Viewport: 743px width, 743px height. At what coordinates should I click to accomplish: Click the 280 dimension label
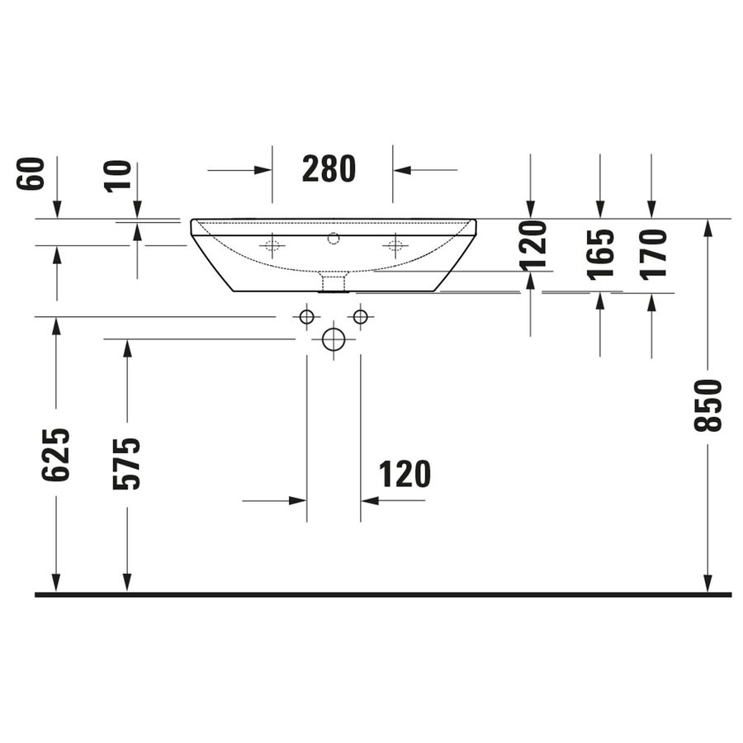pos(329,169)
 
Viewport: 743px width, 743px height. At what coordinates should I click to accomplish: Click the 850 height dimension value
pos(708,405)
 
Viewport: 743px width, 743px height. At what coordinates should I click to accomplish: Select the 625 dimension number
pos(56,454)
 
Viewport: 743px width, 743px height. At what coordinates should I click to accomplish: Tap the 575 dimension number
pos(127,463)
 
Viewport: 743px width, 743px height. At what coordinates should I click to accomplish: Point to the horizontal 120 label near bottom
pos(405,475)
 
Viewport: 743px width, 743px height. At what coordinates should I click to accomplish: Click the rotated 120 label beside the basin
pos(532,244)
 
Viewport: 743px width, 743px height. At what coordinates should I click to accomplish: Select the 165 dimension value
pos(601,254)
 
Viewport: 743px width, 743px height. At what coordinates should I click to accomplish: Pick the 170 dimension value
pos(652,254)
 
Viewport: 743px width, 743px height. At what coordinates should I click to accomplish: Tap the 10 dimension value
pos(119,176)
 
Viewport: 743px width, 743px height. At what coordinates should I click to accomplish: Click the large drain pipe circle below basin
pos(333,339)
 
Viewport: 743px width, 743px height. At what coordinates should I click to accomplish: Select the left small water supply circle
pos(306,316)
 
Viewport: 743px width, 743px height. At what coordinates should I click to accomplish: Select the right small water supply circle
pos(360,316)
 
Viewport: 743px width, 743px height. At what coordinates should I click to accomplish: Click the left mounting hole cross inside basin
pos(272,244)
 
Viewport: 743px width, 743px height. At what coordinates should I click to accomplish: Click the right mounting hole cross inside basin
pos(395,244)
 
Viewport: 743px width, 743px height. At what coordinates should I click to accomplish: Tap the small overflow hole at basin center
pos(334,239)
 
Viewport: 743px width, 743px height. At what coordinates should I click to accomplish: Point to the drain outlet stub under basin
pos(333,283)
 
